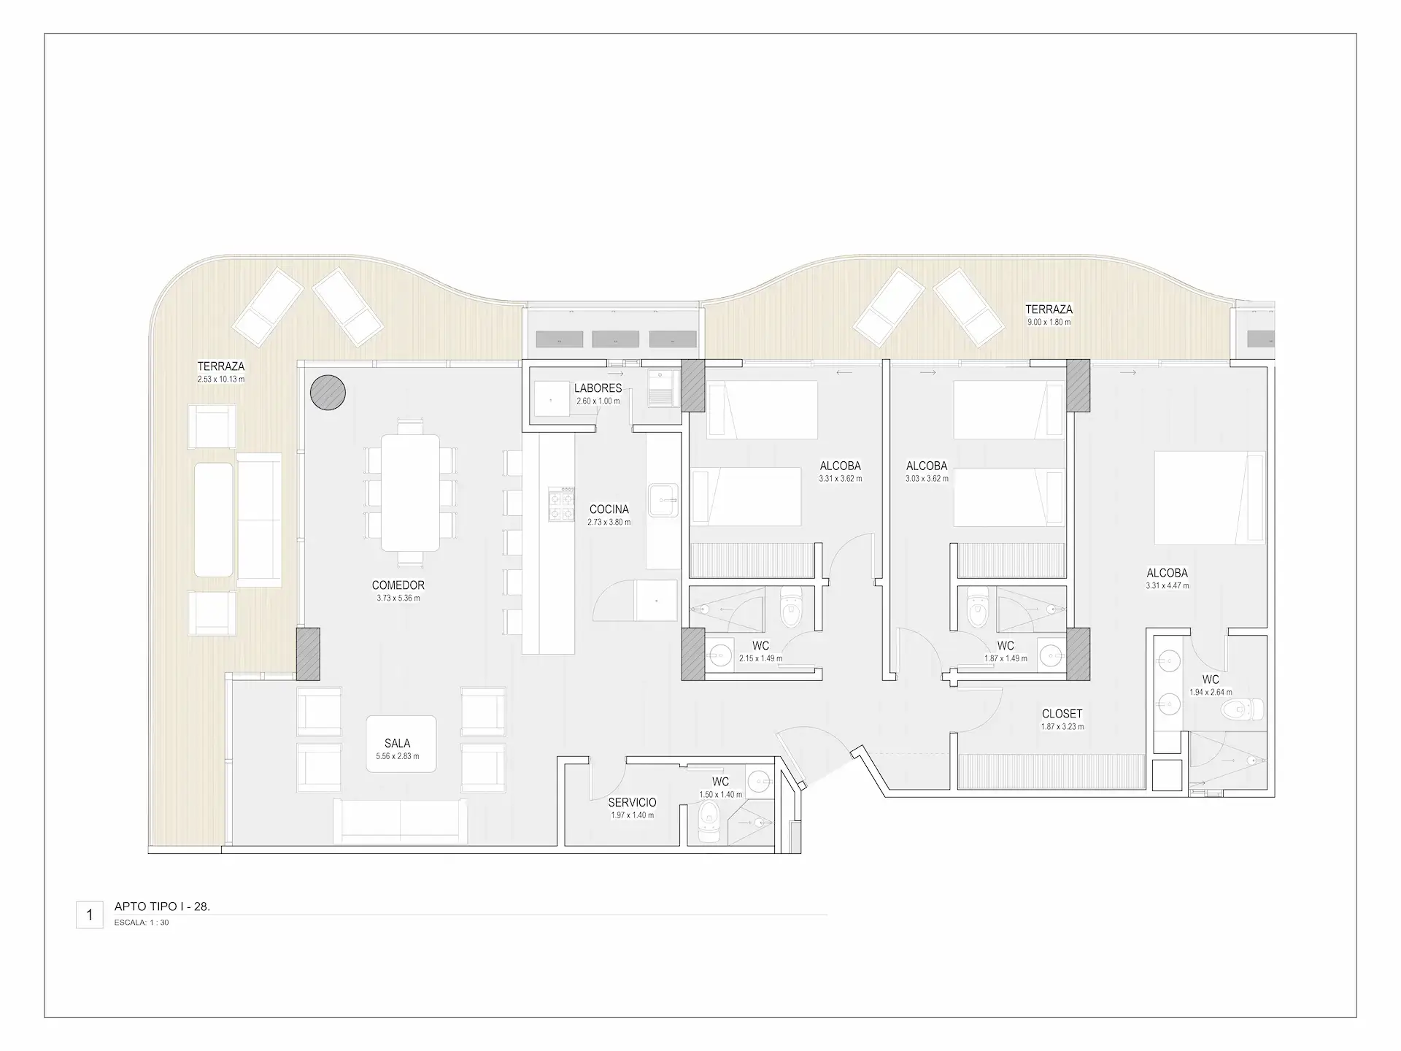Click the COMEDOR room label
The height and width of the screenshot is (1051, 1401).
point(398,585)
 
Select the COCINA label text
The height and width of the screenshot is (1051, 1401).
point(609,509)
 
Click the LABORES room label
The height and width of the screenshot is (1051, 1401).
point(598,388)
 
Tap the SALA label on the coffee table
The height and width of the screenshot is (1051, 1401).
point(398,744)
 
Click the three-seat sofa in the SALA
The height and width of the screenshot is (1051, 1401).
point(401,821)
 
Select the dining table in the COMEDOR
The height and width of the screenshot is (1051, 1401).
point(410,493)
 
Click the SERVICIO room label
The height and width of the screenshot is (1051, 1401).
point(633,802)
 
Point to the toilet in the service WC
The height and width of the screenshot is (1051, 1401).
point(709,823)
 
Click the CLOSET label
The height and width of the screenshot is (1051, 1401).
point(1062,714)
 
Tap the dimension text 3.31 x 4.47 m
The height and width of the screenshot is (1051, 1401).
point(1167,585)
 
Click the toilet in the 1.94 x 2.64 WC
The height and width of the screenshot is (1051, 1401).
point(1243,708)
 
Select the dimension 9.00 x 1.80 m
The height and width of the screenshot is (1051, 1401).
point(1049,322)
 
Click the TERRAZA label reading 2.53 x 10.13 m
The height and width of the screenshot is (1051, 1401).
point(221,366)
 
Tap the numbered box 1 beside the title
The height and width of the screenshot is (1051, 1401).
point(90,915)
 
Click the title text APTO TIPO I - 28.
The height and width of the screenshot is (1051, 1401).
point(162,906)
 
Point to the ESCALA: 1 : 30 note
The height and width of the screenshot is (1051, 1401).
point(142,923)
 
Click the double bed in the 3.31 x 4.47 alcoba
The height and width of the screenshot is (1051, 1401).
point(1209,498)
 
